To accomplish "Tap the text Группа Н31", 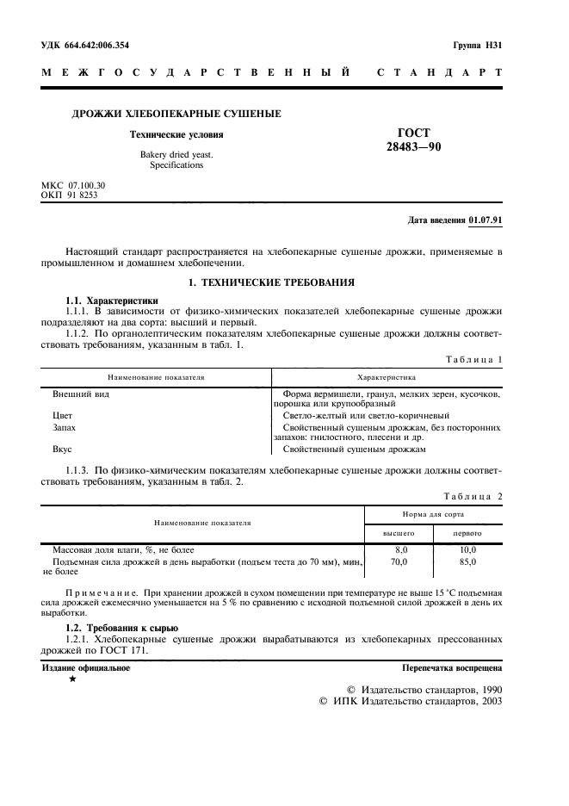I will pos(477,44).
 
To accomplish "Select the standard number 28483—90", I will pos(414,148).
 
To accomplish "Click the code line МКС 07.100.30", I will pos(74,185).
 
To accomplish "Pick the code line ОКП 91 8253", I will pos(70,195).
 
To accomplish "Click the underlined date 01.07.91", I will pos(486,220).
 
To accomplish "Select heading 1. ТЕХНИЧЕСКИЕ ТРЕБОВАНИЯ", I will pos(271,282).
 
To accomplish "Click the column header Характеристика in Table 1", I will pos(387,377).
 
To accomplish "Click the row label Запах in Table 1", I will pos(65,427).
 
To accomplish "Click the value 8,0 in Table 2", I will pos(399,549).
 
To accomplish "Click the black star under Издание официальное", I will pos(72,680).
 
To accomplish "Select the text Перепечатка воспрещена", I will pos(452,668).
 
